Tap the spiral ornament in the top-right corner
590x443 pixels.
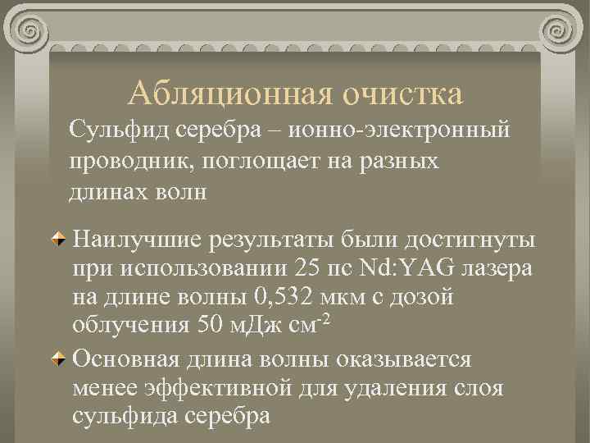[562, 32]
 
